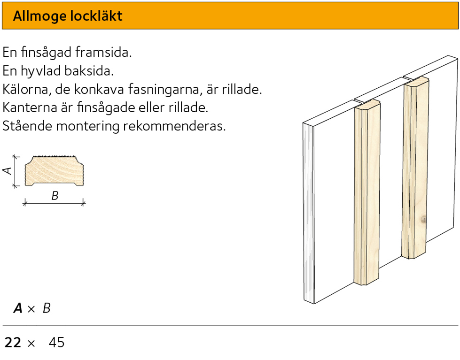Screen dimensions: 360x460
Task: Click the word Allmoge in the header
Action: [x=39, y=16]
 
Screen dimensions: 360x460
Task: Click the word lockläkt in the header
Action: [x=96, y=16]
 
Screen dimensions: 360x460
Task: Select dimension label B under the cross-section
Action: [x=55, y=196]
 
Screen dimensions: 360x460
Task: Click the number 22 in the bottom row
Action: [x=13, y=343]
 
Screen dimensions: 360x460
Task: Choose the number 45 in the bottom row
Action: [x=56, y=343]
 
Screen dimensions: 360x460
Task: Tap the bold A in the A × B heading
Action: [x=18, y=308]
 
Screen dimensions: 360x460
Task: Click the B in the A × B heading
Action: [x=47, y=308]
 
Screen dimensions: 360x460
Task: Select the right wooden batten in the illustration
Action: [x=415, y=169]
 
